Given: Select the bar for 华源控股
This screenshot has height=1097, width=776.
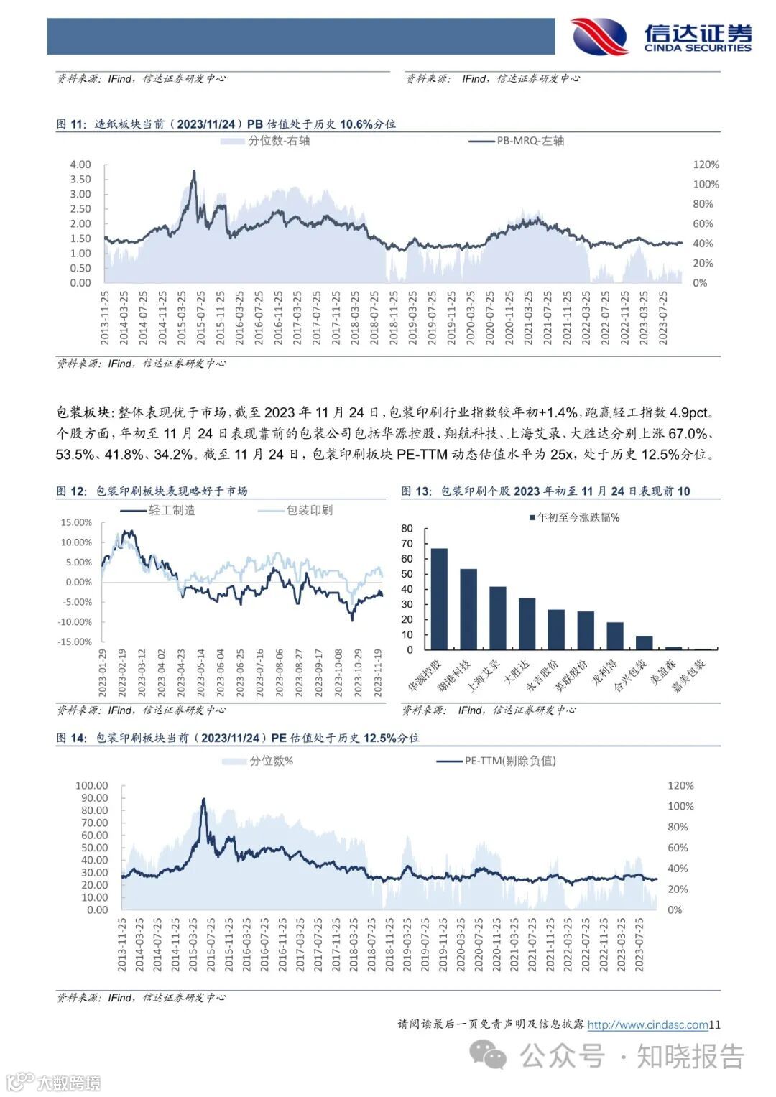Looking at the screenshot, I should click(x=439, y=599).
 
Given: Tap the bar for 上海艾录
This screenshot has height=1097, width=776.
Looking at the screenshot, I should click(x=498, y=618).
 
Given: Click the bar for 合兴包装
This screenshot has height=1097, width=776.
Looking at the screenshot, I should click(x=645, y=642).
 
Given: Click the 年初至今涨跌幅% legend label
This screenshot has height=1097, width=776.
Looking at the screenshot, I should click(x=578, y=517).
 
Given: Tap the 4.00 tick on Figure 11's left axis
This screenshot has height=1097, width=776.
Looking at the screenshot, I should click(x=80, y=165).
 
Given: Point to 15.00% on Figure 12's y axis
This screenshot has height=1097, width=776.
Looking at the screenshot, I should click(x=76, y=522).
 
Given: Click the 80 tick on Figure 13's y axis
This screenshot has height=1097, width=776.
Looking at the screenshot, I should click(x=407, y=529).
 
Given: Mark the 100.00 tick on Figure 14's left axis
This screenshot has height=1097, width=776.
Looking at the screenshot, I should click(x=92, y=785).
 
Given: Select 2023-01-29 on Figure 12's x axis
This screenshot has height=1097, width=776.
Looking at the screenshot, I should click(x=103, y=672).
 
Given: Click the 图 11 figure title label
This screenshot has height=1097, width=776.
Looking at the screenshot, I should click(x=71, y=124).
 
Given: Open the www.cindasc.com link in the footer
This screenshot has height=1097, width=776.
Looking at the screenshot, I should click(x=648, y=1025).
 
